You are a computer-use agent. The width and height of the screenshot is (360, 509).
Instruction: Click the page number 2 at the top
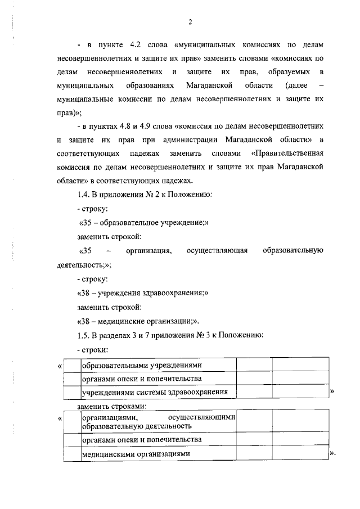click(x=190, y=22)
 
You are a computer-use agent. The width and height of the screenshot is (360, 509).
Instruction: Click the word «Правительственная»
click(x=288, y=153)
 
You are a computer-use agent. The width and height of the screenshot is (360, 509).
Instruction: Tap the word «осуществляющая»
click(x=217, y=250)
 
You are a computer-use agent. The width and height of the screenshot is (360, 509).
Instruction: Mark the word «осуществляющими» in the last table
click(x=202, y=417)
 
